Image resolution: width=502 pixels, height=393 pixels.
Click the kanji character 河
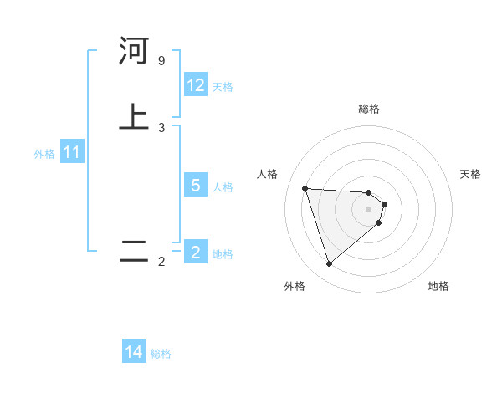[x=134, y=51]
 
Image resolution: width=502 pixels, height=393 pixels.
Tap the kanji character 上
[x=134, y=117]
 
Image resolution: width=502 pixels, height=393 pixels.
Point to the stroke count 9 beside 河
[x=161, y=61]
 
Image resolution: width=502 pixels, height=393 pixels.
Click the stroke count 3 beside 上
[x=161, y=128]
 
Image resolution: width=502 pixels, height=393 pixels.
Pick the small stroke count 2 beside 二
[x=161, y=262]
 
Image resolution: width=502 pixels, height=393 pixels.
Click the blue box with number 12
[x=196, y=85]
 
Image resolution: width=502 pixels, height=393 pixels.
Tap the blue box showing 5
[x=196, y=185]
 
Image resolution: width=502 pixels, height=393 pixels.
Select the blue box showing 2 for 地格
[x=196, y=252]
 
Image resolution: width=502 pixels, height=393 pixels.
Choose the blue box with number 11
[x=72, y=153]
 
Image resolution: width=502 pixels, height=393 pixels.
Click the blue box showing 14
[x=134, y=352]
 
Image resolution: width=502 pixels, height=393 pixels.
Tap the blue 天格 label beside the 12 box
[x=223, y=86]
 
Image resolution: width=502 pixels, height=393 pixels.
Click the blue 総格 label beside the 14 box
[x=161, y=354]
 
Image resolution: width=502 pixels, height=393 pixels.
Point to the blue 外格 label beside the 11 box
[x=44, y=154]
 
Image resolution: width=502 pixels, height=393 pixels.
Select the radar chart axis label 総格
[x=369, y=109]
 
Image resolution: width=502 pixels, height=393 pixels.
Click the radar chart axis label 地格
[x=438, y=286]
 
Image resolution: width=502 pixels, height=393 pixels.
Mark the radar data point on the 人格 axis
[x=305, y=188]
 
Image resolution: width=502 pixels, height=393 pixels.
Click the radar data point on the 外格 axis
[x=329, y=264]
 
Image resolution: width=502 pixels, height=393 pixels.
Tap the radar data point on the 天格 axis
[x=384, y=204]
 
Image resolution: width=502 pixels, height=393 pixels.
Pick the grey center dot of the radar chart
[x=369, y=209]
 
